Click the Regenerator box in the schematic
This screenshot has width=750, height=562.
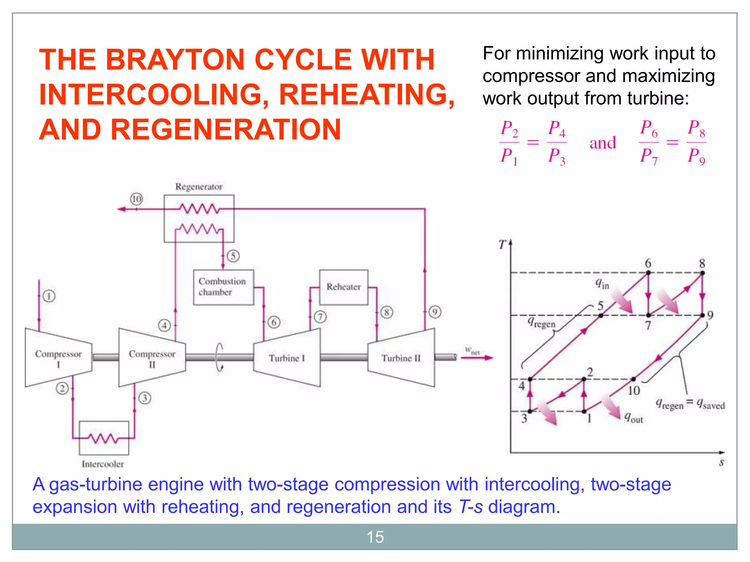pyautogui.click(x=199, y=218)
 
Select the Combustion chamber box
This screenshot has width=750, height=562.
pyautogui.click(x=223, y=287)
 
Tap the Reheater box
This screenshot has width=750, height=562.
pyautogui.click(x=344, y=287)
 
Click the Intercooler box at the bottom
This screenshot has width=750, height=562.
pyautogui.click(x=104, y=438)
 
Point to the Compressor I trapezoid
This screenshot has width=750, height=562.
pyautogui.click(x=58, y=358)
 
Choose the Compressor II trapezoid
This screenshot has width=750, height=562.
pyautogui.click(x=152, y=358)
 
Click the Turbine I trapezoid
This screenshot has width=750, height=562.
pyautogui.click(x=287, y=358)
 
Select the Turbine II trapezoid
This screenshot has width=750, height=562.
pyautogui.click(x=401, y=358)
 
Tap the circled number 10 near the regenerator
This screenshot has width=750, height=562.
pyautogui.click(x=137, y=199)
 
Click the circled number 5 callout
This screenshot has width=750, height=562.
pyautogui.click(x=233, y=256)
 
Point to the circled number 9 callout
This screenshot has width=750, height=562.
pyautogui.click(x=435, y=312)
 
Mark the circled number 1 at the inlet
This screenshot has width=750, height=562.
pyautogui.click(x=49, y=296)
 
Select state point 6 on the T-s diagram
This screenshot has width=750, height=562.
pyautogui.click(x=648, y=273)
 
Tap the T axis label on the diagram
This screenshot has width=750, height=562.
pyautogui.click(x=502, y=244)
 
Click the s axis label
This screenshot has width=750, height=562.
pyautogui.click(x=721, y=462)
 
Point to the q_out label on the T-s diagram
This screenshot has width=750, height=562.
pyautogui.click(x=634, y=417)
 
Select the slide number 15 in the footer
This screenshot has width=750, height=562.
pyautogui.click(x=375, y=537)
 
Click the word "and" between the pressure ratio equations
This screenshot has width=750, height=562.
pyautogui.click(x=603, y=143)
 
